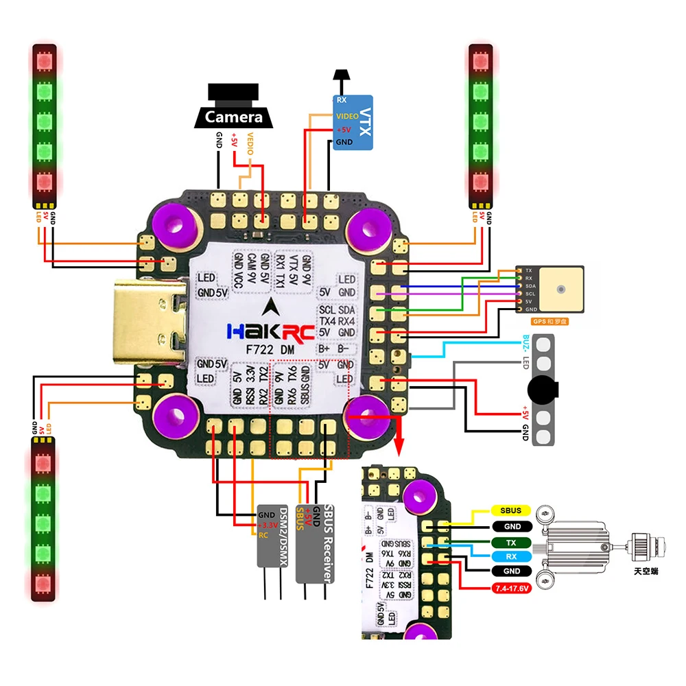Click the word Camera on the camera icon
233,117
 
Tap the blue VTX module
353,123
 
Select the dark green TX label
510,542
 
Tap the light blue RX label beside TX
510,556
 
